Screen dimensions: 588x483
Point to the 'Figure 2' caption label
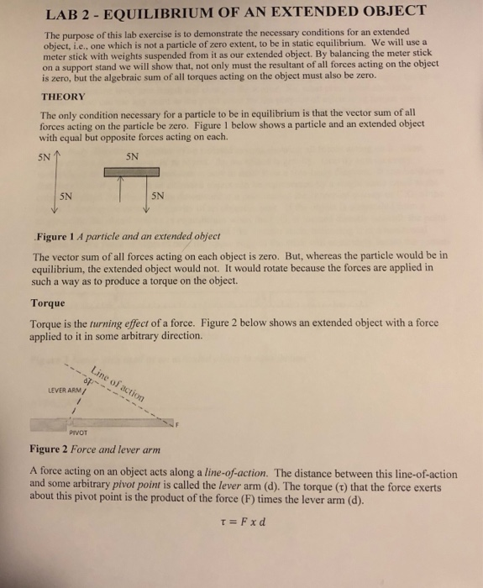[x=55, y=449]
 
